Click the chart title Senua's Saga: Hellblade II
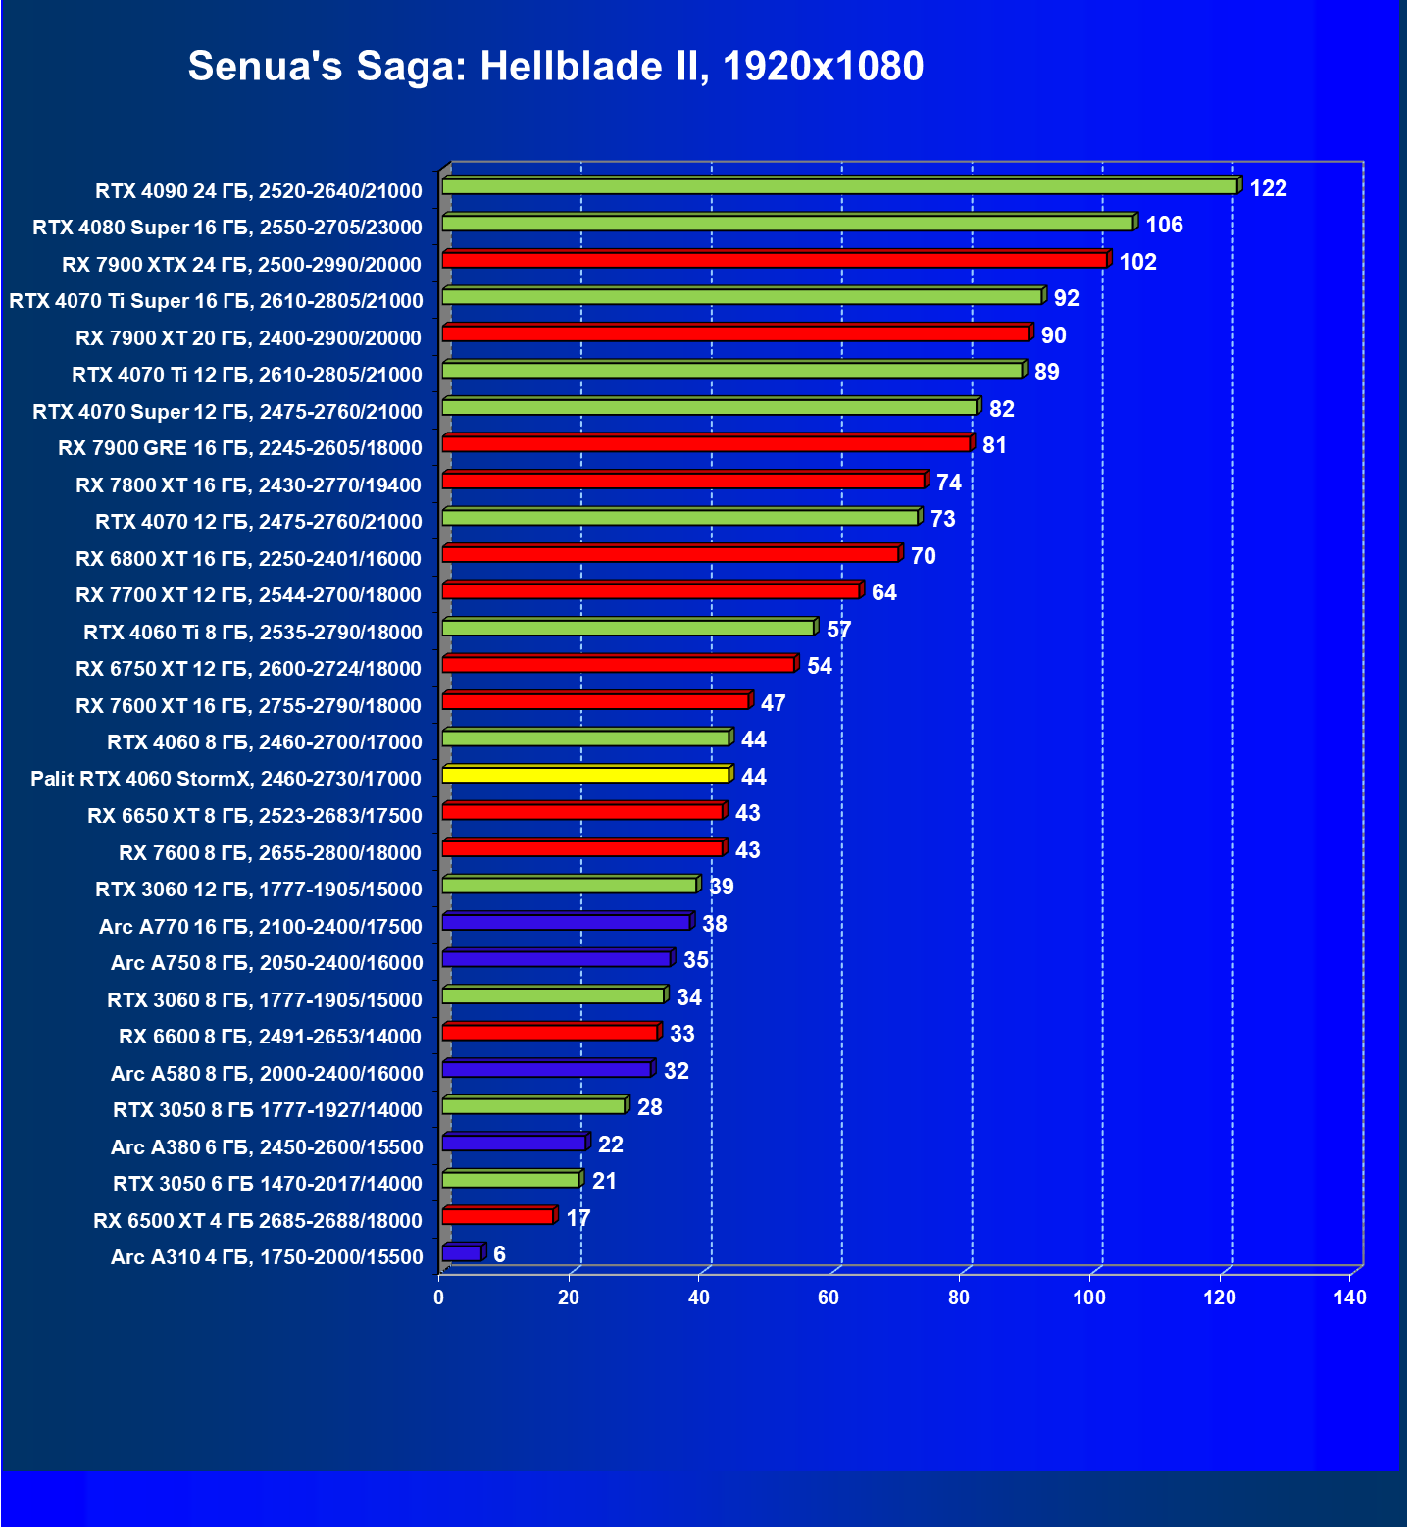pos(555,67)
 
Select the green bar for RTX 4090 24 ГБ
pos(838,186)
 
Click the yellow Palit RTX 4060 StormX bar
pos(585,775)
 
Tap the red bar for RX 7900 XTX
pos(775,260)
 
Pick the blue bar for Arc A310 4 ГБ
pos(462,1253)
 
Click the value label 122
pos(1268,188)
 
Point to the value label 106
pos(1164,225)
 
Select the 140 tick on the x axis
pos(1349,1298)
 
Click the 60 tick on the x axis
pos(829,1298)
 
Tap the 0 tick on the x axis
pos(438,1298)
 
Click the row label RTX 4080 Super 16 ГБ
pos(226,228)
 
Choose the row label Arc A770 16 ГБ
pos(260,927)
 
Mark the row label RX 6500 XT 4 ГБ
pos(257,1221)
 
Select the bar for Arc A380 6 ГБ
pos(514,1143)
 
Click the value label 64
pos(883,592)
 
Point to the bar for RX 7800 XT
pos(683,481)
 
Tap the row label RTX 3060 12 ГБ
pos(258,890)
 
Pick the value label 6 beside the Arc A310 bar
pos(499,1254)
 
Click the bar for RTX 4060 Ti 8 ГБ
pos(628,628)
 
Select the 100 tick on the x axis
pos(1088,1298)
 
